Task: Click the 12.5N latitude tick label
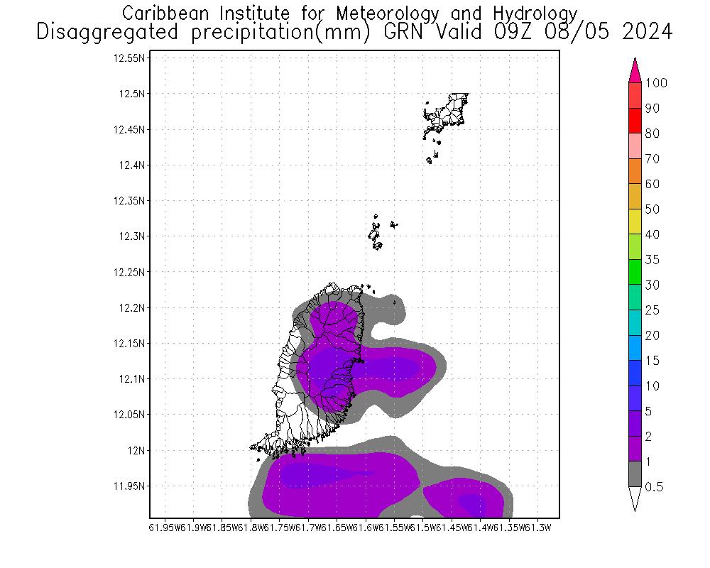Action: coord(132,94)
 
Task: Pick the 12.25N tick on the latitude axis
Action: coord(129,272)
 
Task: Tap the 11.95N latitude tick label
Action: coord(129,486)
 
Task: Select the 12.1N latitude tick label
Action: coord(132,379)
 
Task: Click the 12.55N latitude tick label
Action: coord(129,58)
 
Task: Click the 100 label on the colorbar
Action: coord(656,83)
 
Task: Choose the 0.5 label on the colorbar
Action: coord(654,487)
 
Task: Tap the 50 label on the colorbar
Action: coord(652,209)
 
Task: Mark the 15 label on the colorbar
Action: coord(652,361)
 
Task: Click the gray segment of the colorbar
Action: coord(635,474)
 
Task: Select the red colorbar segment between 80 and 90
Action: coord(635,121)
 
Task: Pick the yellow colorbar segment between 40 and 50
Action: coord(635,222)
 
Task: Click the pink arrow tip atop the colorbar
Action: coord(635,71)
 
